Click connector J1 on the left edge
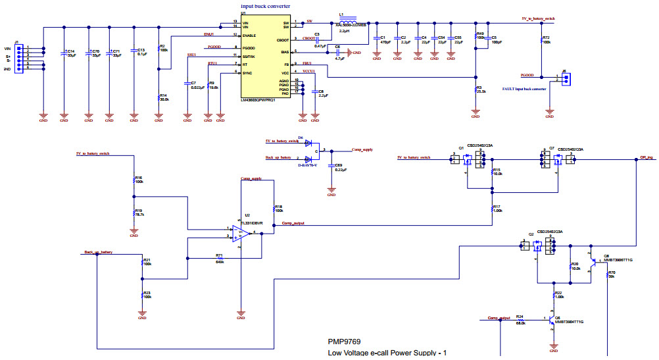pyautogui.click(x=20, y=57)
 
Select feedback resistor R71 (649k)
pyautogui.click(x=220, y=258)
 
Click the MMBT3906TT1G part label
pyautogui.click(x=618, y=260)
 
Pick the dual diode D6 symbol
pyautogui.click(x=308, y=151)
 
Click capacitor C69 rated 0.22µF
pyautogui.click(x=331, y=167)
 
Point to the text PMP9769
pyautogui.click(x=344, y=342)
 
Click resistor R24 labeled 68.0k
pyautogui.click(x=520, y=320)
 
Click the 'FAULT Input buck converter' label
pyautogui.click(x=524, y=88)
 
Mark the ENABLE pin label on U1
pyautogui.click(x=249, y=35)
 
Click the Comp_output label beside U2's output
pyautogui.click(x=293, y=224)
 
